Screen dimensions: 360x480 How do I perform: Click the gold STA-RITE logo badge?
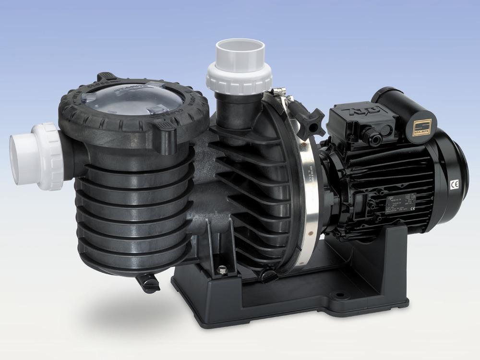click(422, 127)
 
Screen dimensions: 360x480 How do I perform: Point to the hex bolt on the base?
click(222, 271)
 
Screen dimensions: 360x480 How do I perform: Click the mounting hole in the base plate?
click(340, 295)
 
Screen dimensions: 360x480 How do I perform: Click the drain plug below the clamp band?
click(267, 276)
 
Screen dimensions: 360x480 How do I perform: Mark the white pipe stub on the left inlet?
click(22, 159)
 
